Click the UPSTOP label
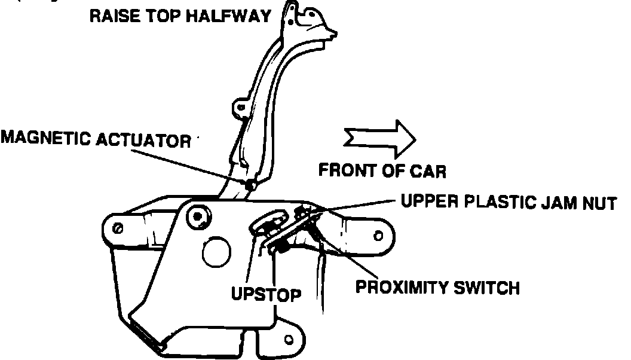pyautogui.click(x=265, y=294)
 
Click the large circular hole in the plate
pyautogui.click(x=216, y=252)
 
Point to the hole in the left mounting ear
pyautogui.click(x=118, y=228)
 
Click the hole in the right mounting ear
pyautogui.click(x=378, y=236)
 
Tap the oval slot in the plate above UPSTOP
pyautogui.click(x=265, y=224)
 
